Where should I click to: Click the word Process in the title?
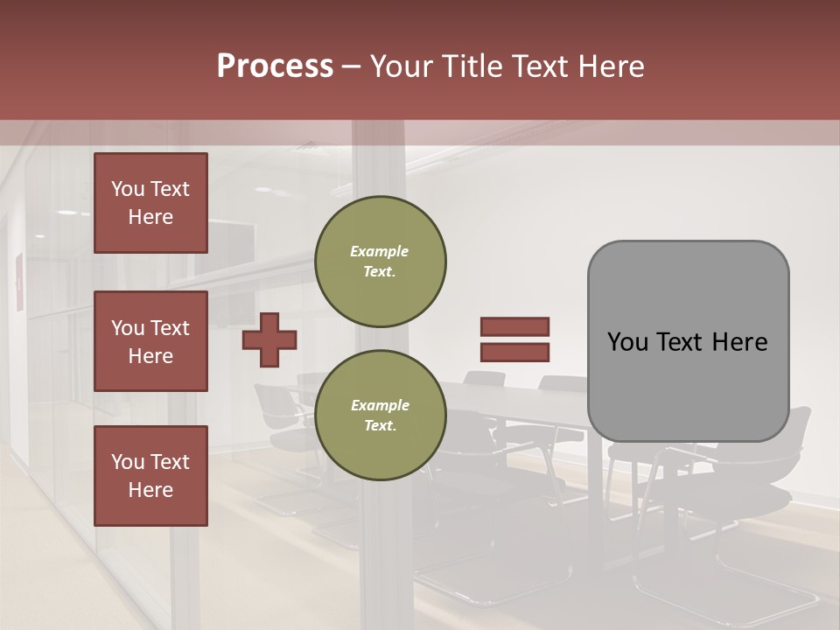(275, 66)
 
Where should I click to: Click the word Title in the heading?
(473, 66)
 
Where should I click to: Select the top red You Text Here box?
(150, 203)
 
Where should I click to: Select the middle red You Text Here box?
(150, 341)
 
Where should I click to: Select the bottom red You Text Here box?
(150, 476)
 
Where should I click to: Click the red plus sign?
(269, 339)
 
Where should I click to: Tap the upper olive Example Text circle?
(381, 261)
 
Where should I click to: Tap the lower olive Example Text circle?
(381, 415)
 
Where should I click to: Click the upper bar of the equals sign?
(514, 327)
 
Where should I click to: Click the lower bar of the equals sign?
(514, 353)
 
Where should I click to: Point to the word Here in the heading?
(612, 66)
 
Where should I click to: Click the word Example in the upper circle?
(380, 251)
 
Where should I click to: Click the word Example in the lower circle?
(380, 405)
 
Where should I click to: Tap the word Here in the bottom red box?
(150, 490)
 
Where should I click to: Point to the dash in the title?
(352, 66)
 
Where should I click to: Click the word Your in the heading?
(402, 66)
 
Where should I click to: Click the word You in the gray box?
(627, 342)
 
